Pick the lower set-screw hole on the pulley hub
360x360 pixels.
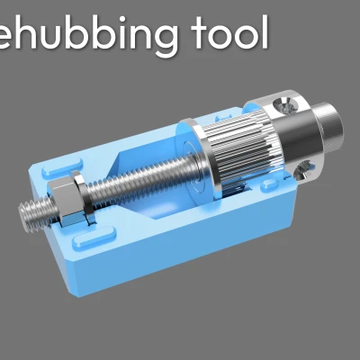coord(307,167)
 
